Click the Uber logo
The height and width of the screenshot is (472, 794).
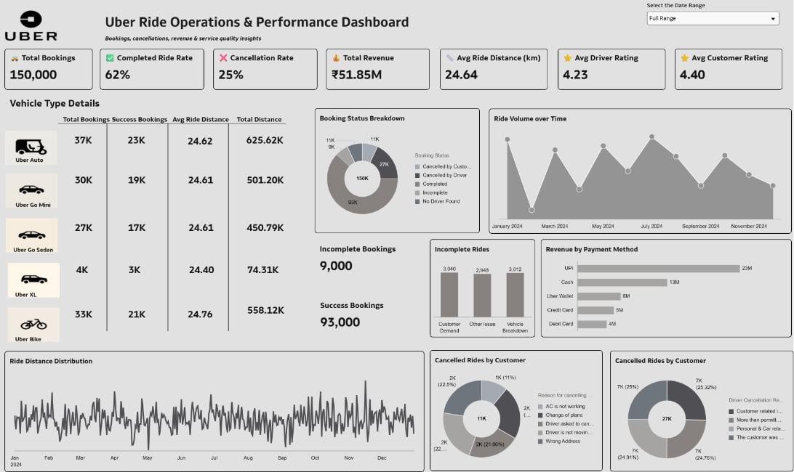click(x=31, y=26)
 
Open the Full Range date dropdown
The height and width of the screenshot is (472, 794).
click(x=713, y=18)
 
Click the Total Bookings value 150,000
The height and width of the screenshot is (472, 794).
click(x=34, y=75)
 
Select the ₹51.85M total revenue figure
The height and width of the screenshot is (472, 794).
click(x=357, y=75)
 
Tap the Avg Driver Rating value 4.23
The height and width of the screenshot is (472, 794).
click(x=575, y=75)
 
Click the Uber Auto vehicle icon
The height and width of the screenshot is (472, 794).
click(x=31, y=147)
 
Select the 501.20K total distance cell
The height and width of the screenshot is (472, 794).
click(x=265, y=180)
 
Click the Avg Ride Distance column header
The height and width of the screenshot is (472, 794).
click(x=200, y=120)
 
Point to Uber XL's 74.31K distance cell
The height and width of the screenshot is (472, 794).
click(x=263, y=269)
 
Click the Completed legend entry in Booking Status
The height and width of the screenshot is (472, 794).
click(x=435, y=184)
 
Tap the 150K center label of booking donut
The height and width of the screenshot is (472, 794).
click(x=362, y=178)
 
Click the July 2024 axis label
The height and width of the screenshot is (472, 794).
click(x=651, y=227)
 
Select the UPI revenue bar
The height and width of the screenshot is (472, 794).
click(x=659, y=269)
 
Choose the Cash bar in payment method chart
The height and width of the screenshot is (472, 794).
click(x=622, y=282)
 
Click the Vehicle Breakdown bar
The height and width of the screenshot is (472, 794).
click(x=515, y=294)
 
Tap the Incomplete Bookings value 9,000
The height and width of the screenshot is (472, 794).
click(x=336, y=266)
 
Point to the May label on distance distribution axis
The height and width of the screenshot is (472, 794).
click(x=148, y=458)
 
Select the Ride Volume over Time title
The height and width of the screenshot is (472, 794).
click(x=530, y=119)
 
